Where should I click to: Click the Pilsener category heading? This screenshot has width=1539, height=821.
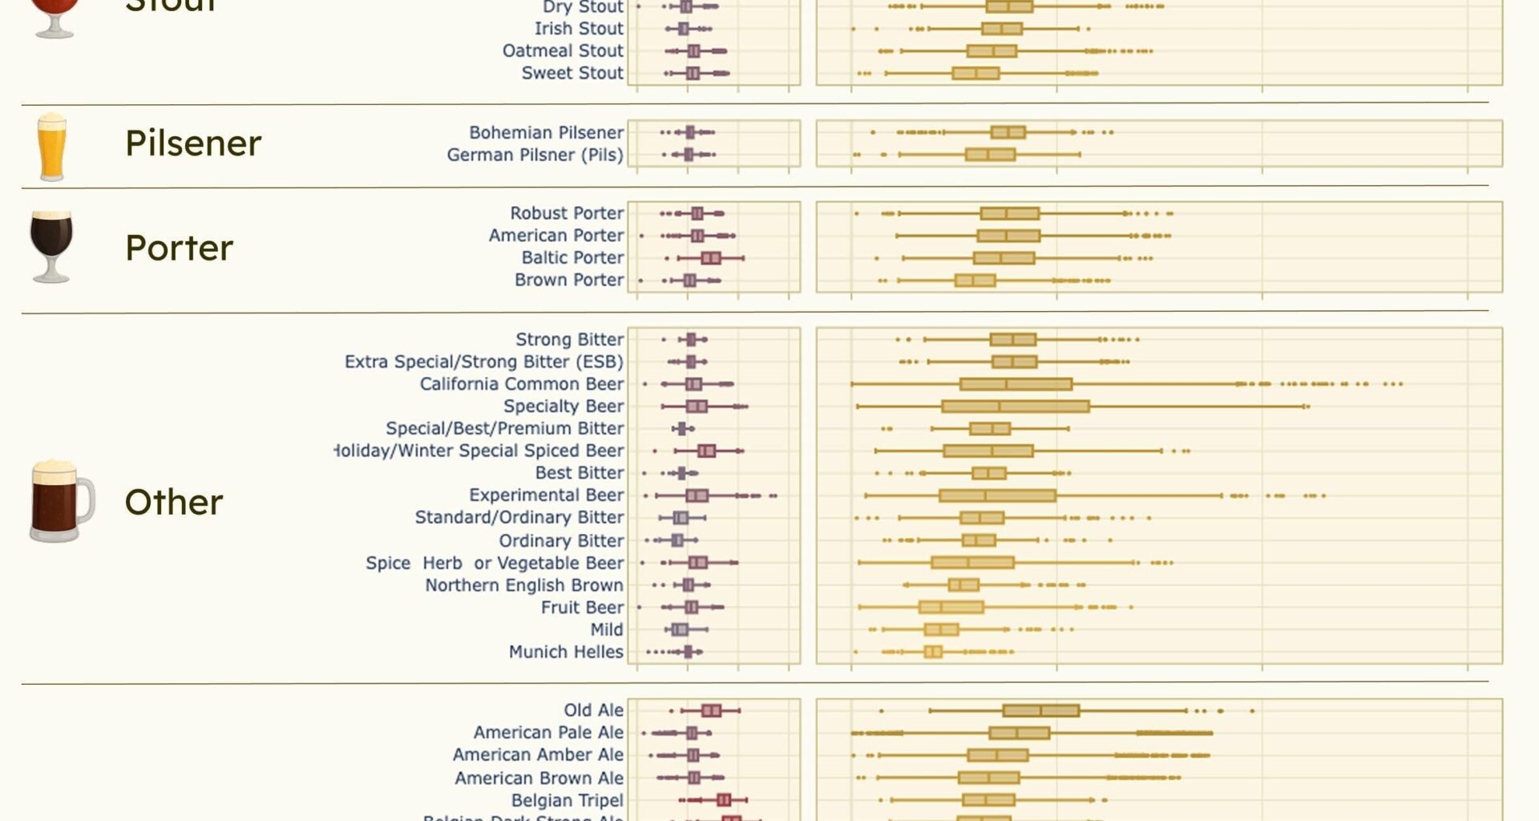click(x=192, y=144)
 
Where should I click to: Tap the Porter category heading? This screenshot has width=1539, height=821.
click(x=179, y=248)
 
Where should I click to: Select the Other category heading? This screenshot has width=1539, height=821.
click(x=173, y=502)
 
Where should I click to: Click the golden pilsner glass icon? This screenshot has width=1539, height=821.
click(x=51, y=147)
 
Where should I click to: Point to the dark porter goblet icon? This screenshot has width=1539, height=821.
click(x=51, y=246)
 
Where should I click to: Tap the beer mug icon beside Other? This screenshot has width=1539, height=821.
click(x=61, y=501)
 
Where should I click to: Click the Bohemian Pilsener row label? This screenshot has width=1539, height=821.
click(x=546, y=132)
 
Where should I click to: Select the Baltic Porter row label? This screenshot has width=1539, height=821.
click(x=572, y=257)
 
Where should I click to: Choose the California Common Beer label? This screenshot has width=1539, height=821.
click(x=521, y=384)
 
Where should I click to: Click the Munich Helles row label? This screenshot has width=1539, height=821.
click(x=565, y=652)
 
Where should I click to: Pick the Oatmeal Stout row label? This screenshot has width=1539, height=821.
click(x=562, y=51)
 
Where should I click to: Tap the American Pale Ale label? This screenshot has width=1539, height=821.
click(x=547, y=732)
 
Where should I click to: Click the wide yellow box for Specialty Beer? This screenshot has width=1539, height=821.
click(x=1015, y=406)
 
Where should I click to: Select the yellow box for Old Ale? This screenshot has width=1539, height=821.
click(x=1040, y=710)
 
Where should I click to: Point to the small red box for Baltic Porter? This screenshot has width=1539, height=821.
click(x=710, y=257)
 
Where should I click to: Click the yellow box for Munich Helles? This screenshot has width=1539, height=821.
click(x=932, y=652)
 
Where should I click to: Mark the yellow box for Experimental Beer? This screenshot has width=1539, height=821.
click(x=996, y=495)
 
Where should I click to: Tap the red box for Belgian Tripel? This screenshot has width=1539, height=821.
click(x=723, y=799)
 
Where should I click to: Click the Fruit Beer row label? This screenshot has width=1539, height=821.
click(x=581, y=607)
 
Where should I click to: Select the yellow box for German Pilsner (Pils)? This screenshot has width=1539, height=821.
click(x=990, y=154)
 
